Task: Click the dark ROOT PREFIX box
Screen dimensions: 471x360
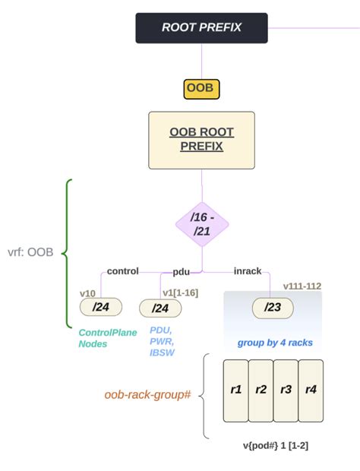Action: [x=201, y=27]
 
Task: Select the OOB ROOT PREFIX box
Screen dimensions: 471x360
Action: [x=201, y=139]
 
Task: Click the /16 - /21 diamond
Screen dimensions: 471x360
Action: [x=201, y=224]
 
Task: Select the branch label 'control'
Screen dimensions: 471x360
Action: [x=122, y=270]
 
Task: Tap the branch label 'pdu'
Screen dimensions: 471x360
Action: [x=181, y=270]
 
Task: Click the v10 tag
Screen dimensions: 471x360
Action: [x=88, y=292]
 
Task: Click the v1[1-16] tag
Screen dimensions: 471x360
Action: [x=179, y=292]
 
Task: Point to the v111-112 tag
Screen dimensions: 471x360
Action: [x=302, y=286]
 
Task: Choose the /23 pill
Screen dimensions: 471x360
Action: [x=271, y=308]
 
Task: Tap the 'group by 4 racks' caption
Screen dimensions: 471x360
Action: [x=274, y=343]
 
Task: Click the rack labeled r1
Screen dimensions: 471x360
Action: [x=235, y=390]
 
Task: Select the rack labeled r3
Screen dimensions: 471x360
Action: [x=286, y=390]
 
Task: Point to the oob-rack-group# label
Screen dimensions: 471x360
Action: [x=147, y=395]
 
